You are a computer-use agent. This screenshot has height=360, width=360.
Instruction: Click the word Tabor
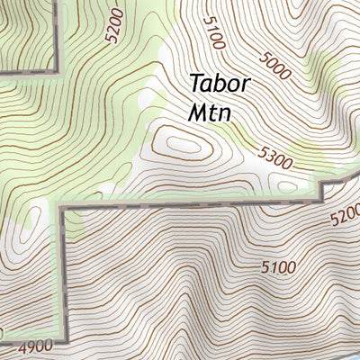click(x=220, y=83)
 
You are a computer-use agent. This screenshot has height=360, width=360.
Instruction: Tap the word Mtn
click(x=211, y=113)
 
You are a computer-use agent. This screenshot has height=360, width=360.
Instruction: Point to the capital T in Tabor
click(x=196, y=83)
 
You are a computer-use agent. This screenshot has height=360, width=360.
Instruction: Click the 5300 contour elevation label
click(x=275, y=159)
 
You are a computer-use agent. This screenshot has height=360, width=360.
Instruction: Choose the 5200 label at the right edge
click(x=345, y=217)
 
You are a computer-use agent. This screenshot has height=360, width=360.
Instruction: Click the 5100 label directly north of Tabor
click(x=213, y=33)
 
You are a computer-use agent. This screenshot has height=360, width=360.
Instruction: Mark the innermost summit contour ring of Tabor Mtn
click(x=184, y=141)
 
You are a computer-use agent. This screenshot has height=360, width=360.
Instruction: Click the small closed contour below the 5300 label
click(x=287, y=184)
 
